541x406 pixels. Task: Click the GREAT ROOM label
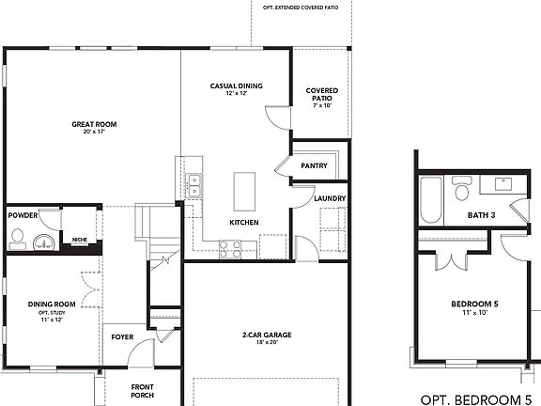[x=94, y=123]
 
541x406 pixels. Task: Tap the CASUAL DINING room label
[x=236, y=86]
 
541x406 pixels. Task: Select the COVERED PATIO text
[x=322, y=94]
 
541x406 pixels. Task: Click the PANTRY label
[x=314, y=165]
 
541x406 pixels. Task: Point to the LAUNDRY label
[x=330, y=198]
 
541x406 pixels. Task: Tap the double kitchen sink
[x=195, y=185]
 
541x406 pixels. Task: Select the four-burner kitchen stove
[x=229, y=248]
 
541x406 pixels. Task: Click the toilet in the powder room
[x=17, y=243]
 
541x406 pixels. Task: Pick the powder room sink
[x=40, y=243]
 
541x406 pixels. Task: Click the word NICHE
[x=80, y=239]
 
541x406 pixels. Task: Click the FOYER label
[x=122, y=336]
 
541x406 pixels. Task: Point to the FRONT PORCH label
[x=143, y=391]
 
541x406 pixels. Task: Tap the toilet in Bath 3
[x=461, y=191]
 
